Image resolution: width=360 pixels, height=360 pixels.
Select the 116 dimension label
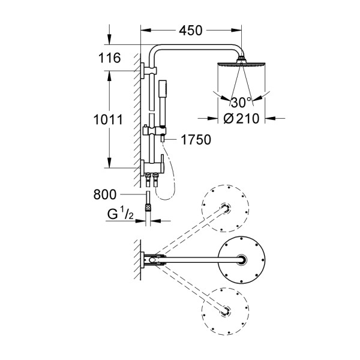tap(110, 58)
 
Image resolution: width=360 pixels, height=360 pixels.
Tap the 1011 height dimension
tap(109, 119)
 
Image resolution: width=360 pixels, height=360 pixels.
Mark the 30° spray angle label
tap(241, 102)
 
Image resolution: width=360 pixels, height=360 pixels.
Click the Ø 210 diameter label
tap(240, 119)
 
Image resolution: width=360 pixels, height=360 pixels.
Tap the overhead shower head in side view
tap(241, 64)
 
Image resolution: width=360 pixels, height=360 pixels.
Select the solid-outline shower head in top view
tap(242, 260)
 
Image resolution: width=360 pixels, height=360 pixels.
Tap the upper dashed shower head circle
tap(225, 208)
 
